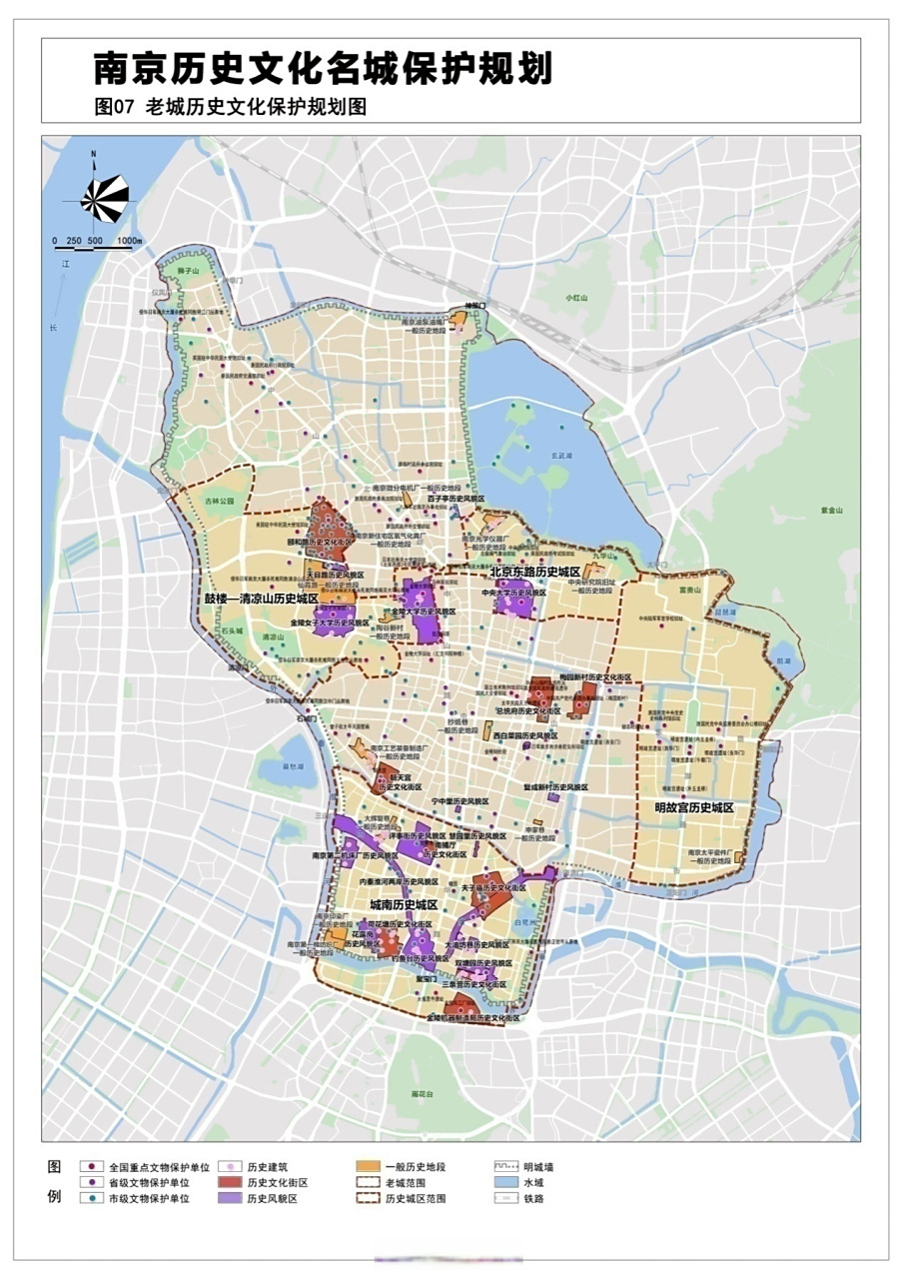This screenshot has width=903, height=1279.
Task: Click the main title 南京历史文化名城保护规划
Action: [x=323, y=69]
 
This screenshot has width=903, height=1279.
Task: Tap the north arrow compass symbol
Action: [x=104, y=197]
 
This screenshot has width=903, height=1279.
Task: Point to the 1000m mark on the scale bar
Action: [x=129, y=241]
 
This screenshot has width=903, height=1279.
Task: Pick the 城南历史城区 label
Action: [x=404, y=904]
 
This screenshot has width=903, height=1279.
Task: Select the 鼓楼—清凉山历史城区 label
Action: [x=261, y=598]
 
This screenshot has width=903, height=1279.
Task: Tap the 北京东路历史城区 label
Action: [x=535, y=572]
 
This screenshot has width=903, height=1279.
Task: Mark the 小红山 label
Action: [x=576, y=298]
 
